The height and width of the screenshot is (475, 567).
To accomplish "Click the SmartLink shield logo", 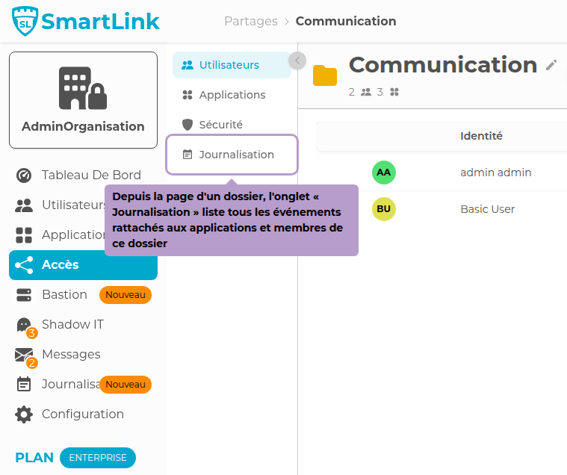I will click(x=25, y=22).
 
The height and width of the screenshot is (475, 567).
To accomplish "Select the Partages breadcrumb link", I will click(x=250, y=21).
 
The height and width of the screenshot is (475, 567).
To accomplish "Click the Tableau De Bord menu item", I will click(x=90, y=175).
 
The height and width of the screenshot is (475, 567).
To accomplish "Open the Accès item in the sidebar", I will click(x=60, y=264).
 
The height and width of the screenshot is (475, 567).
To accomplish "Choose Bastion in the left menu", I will click(x=64, y=294).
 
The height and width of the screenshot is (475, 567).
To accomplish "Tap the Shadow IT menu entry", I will click(x=72, y=324).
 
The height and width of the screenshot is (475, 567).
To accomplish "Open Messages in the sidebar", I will click(x=71, y=354).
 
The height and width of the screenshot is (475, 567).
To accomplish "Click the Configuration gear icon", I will click(x=24, y=414).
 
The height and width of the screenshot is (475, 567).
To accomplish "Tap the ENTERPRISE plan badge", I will click(x=98, y=457).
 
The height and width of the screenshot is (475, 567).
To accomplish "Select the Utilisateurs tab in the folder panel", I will click(x=229, y=65).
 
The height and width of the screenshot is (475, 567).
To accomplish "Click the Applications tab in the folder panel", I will click(x=232, y=95).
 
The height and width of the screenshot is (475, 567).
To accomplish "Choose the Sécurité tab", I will click(x=220, y=125).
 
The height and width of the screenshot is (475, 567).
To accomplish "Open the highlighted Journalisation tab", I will click(x=235, y=155).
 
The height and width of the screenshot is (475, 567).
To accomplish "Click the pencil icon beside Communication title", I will click(x=551, y=65).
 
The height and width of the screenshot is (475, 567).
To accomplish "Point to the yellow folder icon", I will click(x=325, y=75).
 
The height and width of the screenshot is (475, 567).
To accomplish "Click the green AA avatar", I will click(x=383, y=173).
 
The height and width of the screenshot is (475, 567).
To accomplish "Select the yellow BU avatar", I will click(x=383, y=209).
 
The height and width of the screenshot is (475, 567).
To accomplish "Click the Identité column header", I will click(x=481, y=136).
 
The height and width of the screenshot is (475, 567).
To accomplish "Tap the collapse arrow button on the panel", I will click(x=297, y=60).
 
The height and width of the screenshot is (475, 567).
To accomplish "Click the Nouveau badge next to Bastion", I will click(x=126, y=295).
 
